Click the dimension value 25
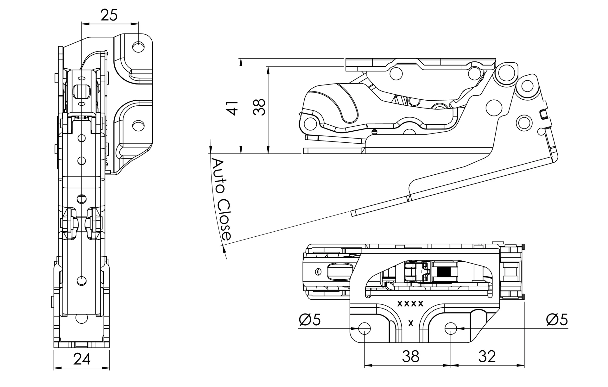coord(109,15)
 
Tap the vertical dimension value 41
coord(233,108)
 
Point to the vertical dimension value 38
coord(260,107)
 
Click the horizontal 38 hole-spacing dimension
coord(411,357)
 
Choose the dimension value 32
coord(487,357)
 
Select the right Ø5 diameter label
coord(557,320)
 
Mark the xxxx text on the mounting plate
coord(410,304)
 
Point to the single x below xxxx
coord(411,323)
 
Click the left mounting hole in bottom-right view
coord(365,329)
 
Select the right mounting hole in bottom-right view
coord(450,329)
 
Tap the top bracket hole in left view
coord(138,47)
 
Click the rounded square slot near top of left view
coord(81,92)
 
